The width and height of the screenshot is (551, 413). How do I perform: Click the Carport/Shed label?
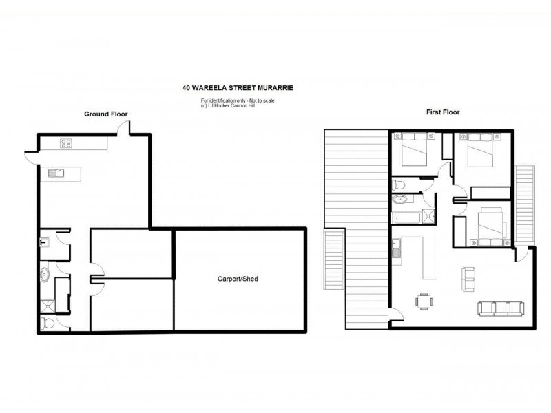point(239,279)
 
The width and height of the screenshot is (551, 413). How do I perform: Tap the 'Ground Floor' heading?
point(106,114)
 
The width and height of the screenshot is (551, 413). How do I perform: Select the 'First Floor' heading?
point(443,112)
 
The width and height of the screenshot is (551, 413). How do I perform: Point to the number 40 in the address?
point(186,88)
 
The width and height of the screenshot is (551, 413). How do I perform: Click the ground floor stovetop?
point(67,144)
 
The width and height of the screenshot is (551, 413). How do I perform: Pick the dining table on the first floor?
point(423,300)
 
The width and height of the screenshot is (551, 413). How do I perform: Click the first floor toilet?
point(399,184)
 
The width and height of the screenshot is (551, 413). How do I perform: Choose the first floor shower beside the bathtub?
point(429,216)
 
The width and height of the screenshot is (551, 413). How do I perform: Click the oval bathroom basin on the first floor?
point(400,200)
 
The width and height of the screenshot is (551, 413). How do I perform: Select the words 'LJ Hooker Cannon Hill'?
point(227,105)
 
